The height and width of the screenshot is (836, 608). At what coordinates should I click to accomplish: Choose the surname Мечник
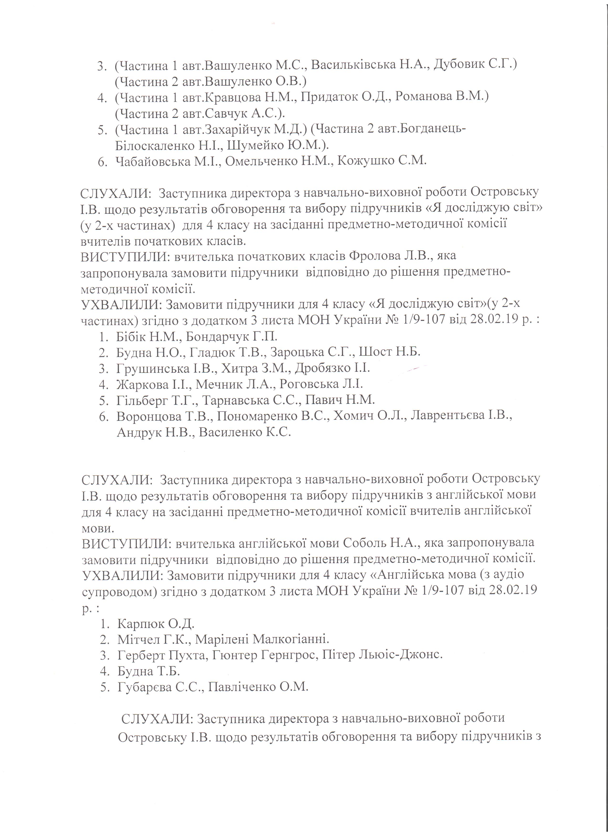[x=217, y=384]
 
